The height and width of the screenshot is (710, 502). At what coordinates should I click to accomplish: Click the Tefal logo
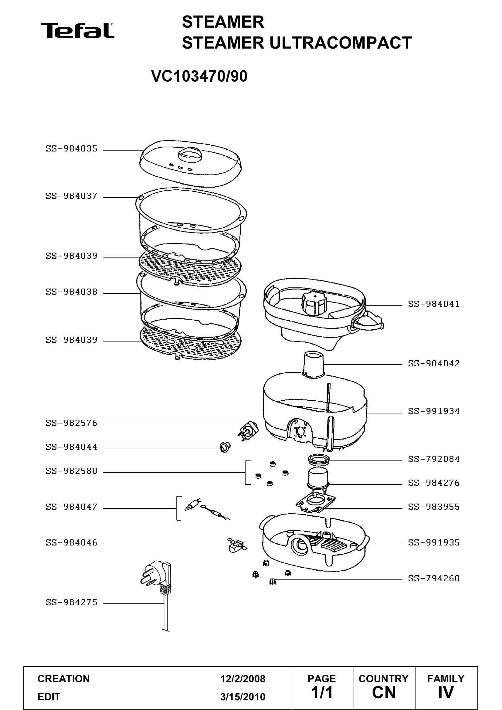(x=78, y=31)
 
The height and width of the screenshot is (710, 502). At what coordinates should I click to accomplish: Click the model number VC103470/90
(x=199, y=76)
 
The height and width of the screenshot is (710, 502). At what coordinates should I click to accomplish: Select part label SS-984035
(x=71, y=149)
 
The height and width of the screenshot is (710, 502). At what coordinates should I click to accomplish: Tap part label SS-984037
(x=71, y=196)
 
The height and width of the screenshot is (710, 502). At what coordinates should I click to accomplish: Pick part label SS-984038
(x=71, y=292)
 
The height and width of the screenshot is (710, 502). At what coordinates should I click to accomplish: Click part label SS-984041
(x=434, y=304)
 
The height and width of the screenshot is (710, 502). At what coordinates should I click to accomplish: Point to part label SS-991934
(x=434, y=411)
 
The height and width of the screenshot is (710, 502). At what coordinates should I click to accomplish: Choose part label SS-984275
(x=71, y=602)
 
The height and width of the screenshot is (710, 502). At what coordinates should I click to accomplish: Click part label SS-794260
(x=434, y=578)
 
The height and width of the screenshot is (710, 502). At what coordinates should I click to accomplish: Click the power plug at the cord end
(x=155, y=576)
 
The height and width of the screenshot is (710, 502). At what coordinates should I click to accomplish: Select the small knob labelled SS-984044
(x=225, y=447)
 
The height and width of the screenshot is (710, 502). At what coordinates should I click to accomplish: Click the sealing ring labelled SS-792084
(x=318, y=459)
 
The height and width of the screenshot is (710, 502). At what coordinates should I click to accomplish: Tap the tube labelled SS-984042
(x=314, y=365)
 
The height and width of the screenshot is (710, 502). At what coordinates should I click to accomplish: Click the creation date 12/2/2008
(x=243, y=679)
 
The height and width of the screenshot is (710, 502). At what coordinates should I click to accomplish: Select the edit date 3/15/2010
(x=243, y=697)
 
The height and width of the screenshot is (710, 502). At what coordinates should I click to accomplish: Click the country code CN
(x=384, y=693)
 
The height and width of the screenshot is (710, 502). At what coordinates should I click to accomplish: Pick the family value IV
(x=446, y=693)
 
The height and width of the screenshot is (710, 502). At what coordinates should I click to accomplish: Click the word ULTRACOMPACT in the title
(x=341, y=43)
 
